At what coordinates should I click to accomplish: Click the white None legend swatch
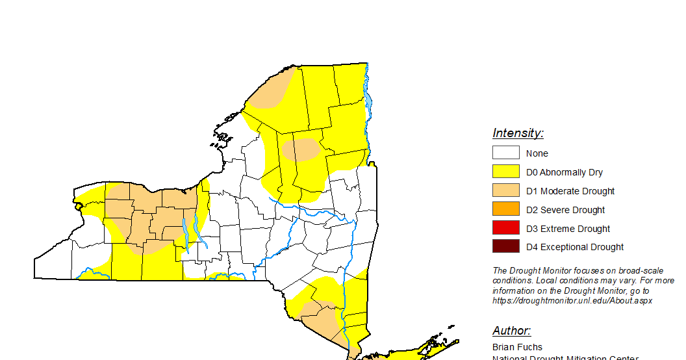tap(505, 153)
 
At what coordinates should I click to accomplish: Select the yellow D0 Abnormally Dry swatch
tap(505, 172)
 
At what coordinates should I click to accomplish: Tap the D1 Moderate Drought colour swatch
tap(505, 190)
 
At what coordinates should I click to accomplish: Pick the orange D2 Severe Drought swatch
tap(505, 209)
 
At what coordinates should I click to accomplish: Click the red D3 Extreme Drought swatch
tap(505, 228)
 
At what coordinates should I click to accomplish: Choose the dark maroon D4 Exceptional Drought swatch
tap(505, 246)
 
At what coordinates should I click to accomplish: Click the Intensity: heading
tap(518, 133)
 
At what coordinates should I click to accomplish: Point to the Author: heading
tap(511, 331)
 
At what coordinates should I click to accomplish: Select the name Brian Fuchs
tap(517, 347)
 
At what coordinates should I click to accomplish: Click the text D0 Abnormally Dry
tap(565, 172)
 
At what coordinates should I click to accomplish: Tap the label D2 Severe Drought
tap(565, 210)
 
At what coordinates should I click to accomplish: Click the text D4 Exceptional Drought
tap(575, 247)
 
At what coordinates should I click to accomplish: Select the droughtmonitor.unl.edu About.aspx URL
tap(572, 301)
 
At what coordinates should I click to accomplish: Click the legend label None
tap(537, 153)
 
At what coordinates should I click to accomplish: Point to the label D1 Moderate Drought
tap(570, 191)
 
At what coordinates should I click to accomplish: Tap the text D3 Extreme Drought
tap(568, 229)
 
